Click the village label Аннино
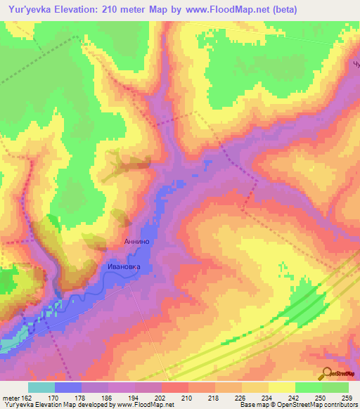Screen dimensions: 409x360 (x=136, y=242)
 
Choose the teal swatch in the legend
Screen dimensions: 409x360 (x=41, y=387)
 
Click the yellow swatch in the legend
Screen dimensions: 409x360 (x=281, y=387)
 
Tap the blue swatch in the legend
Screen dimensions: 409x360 (x=67, y=387)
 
